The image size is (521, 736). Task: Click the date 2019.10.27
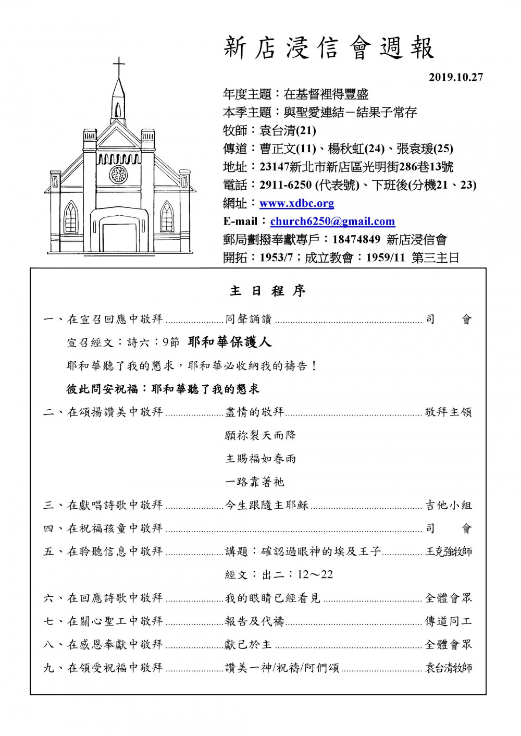click(456, 77)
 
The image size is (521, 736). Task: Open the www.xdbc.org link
click(296, 203)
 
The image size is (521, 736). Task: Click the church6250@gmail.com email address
click(332, 222)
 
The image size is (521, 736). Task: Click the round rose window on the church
click(119, 174)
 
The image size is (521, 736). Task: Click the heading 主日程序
click(267, 291)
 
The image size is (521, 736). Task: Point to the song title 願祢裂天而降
click(260, 435)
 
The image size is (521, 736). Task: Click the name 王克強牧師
click(449, 551)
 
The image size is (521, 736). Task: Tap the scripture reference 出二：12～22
click(279, 575)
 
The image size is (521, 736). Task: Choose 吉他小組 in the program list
click(449, 505)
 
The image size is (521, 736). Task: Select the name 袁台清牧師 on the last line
click(449, 668)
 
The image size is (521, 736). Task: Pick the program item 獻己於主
click(249, 645)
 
